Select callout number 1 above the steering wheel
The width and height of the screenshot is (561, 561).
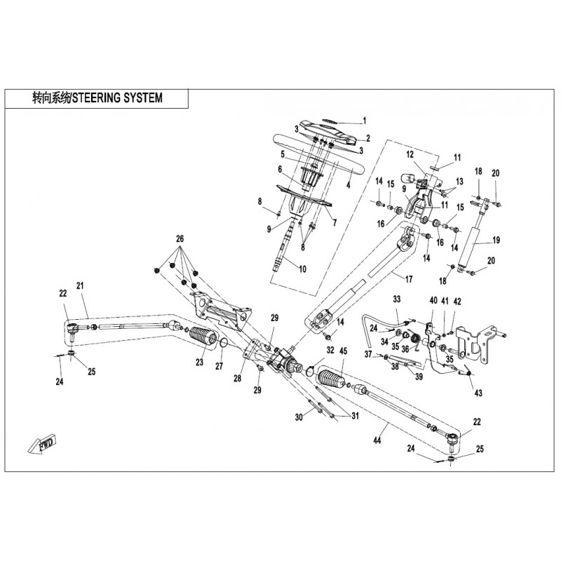(364, 119)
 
